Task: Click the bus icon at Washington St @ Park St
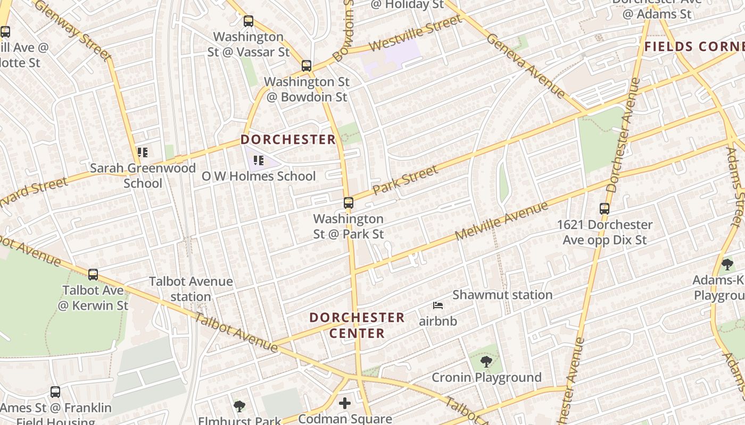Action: point(349,203)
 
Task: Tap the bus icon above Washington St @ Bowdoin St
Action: point(307,66)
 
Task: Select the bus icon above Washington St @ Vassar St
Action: point(249,21)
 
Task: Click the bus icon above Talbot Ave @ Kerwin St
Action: point(93,275)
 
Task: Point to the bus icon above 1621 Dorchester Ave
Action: point(605,209)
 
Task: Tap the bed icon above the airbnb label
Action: point(438,305)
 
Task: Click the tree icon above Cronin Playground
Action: point(486,362)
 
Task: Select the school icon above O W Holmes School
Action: point(259,160)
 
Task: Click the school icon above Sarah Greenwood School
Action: point(142,152)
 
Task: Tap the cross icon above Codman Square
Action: point(345,403)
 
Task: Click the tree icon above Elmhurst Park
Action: point(239,406)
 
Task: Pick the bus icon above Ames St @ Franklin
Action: point(55,392)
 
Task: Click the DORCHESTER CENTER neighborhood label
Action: point(357,325)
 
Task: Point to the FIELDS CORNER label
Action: point(694,47)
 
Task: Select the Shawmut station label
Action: point(502,295)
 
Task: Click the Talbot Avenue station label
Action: point(191,289)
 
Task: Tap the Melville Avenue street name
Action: point(501,221)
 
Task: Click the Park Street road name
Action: point(405,180)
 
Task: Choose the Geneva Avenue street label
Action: point(525,66)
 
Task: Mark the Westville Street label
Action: point(416,33)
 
